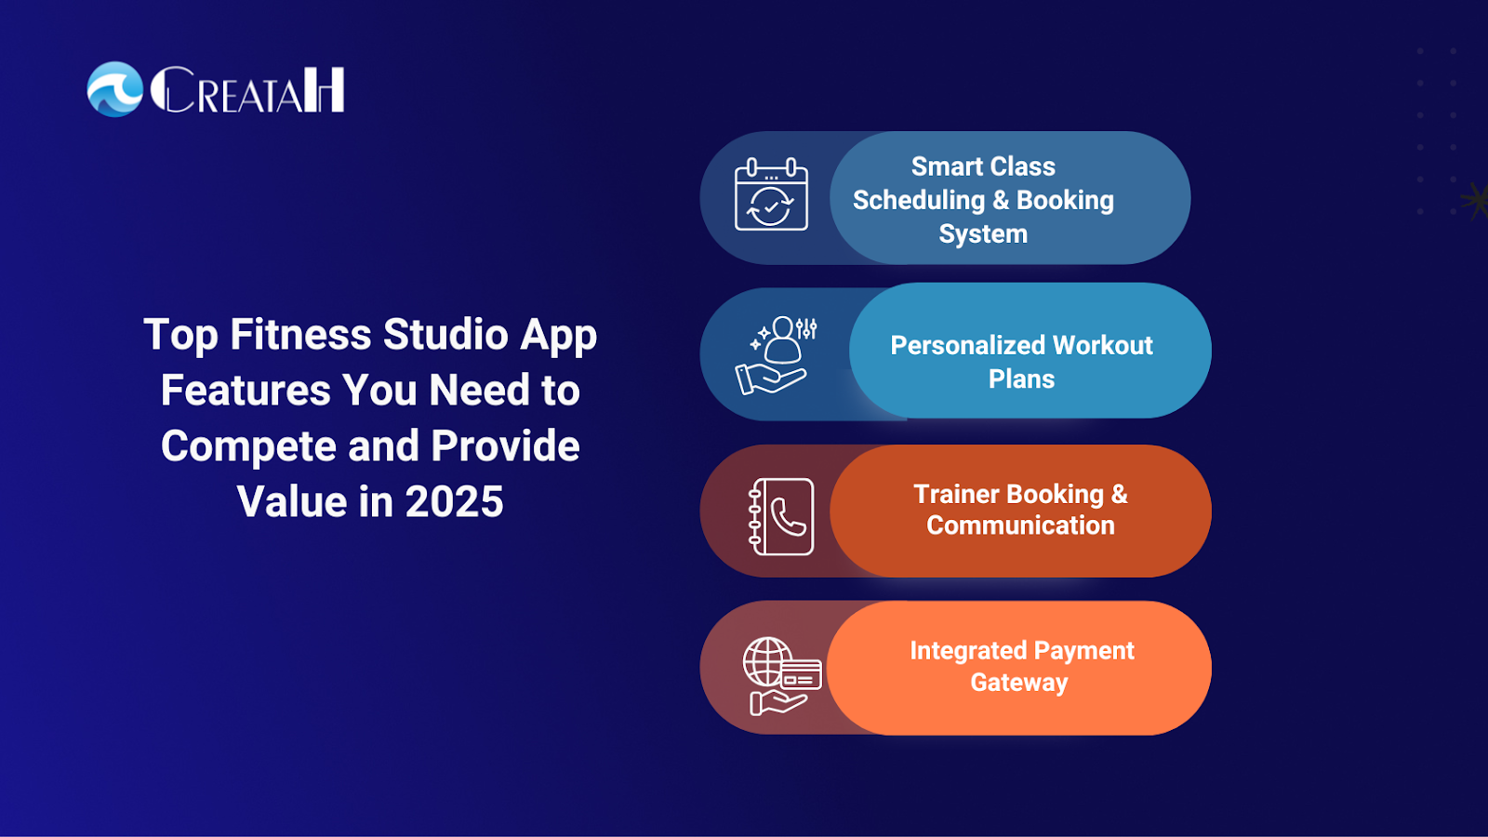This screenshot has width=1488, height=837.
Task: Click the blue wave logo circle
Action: pyautogui.click(x=115, y=89)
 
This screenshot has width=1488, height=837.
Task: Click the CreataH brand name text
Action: pyautogui.click(x=247, y=89)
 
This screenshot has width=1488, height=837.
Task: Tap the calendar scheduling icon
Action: pyautogui.click(x=771, y=194)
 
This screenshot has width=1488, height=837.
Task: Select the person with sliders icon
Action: pyautogui.click(x=776, y=354)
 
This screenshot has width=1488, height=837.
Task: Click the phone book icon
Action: pyautogui.click(x=780, y=516)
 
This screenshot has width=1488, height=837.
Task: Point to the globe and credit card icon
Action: pyautogui.click(x=782, y=676)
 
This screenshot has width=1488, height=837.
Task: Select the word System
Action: pyautogui.click(x=983, y=234)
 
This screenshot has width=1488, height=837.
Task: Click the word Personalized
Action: pyautogui.click(x=967, y=345)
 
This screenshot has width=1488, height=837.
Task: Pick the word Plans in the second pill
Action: pyautogui.click(x=1022, y=379)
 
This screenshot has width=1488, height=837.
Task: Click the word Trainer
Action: pyautogui.click(x=956, y=494)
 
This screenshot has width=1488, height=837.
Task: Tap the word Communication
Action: pyautogui.click(x=1020, y=525)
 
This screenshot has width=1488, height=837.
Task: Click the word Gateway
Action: pyautogui.click(x=1019, y=683)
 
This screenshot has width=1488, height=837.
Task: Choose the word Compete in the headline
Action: pyautogui.click(x=249, y=446)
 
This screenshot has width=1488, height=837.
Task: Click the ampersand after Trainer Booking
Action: pyautogui.click(x=1119, y=494)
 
